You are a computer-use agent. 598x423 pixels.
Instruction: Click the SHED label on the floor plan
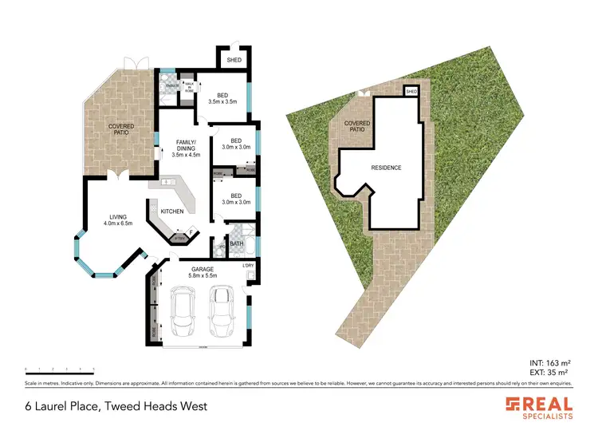(234, 60)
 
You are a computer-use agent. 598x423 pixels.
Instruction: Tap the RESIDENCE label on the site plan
(386, 168)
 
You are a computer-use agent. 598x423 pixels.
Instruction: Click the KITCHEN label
(172, 211)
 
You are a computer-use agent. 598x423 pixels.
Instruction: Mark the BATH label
(236, 243)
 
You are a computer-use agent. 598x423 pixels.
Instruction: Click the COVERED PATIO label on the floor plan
(121, 129)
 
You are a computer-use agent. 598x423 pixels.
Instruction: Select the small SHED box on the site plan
(411, 92)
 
